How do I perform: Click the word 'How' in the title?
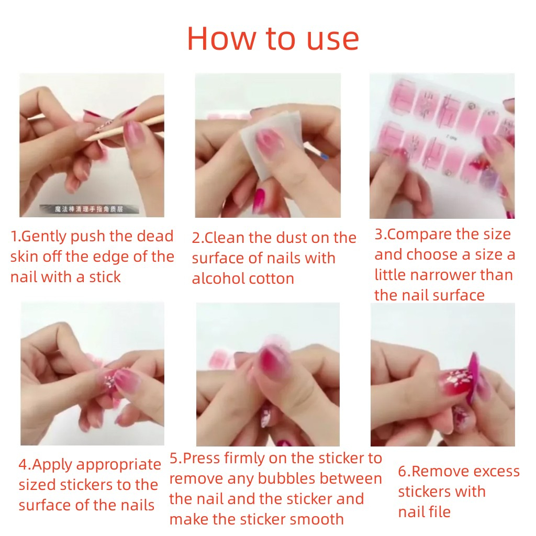click(221, 38)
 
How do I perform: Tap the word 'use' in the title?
click(332, 40)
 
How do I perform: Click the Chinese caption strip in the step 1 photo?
click(89, 209)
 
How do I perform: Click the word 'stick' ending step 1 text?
click(105, 277)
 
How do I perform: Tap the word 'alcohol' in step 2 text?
click(218, 278)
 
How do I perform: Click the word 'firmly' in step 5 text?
click(245, 458)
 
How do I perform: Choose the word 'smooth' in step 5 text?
click(317, 520)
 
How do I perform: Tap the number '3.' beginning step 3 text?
click(381, 234)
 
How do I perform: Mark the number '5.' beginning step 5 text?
click(176, 459)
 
